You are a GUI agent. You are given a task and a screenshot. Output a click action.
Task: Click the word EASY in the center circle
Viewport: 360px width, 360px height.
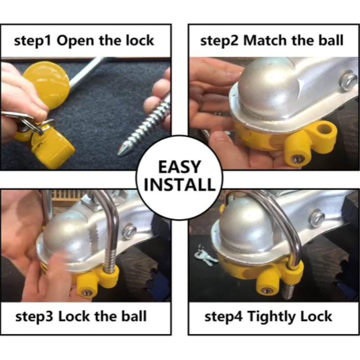(x=180, y=167)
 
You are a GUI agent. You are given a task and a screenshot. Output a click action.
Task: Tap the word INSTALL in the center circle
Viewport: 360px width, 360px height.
(x=180, y=184)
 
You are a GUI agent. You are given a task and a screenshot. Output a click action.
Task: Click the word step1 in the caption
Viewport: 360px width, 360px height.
(x=32, y=41)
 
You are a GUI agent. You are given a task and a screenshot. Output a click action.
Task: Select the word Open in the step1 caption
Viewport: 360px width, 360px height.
(x=75, y=41)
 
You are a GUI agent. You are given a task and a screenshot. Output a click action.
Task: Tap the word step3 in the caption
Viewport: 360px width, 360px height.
(x=34, y=317)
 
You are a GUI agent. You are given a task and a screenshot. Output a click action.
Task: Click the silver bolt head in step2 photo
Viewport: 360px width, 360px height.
(x=348, y=81)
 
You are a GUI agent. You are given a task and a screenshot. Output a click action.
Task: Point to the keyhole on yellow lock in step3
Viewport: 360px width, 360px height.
(x=86, y=292)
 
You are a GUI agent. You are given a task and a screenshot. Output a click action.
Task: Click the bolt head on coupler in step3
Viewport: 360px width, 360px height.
(x=129, y=231)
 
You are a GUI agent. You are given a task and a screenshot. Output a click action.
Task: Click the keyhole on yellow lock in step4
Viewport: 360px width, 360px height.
(x=265, y=291)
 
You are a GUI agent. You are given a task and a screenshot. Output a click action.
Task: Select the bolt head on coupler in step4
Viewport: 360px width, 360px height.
(x=317, y=218)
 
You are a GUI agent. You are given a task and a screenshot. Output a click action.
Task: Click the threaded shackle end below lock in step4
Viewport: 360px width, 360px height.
(x=289, y=292)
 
